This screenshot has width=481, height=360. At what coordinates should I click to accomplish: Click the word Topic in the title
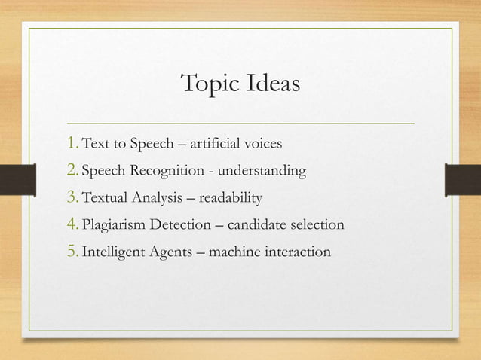209,84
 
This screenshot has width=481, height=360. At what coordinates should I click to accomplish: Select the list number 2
73,171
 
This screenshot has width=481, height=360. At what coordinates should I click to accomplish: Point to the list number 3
73,198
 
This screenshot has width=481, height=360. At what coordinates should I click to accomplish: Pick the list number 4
73,224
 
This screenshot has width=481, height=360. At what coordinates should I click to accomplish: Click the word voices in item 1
265,145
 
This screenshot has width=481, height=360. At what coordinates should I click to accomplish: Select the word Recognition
166,172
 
